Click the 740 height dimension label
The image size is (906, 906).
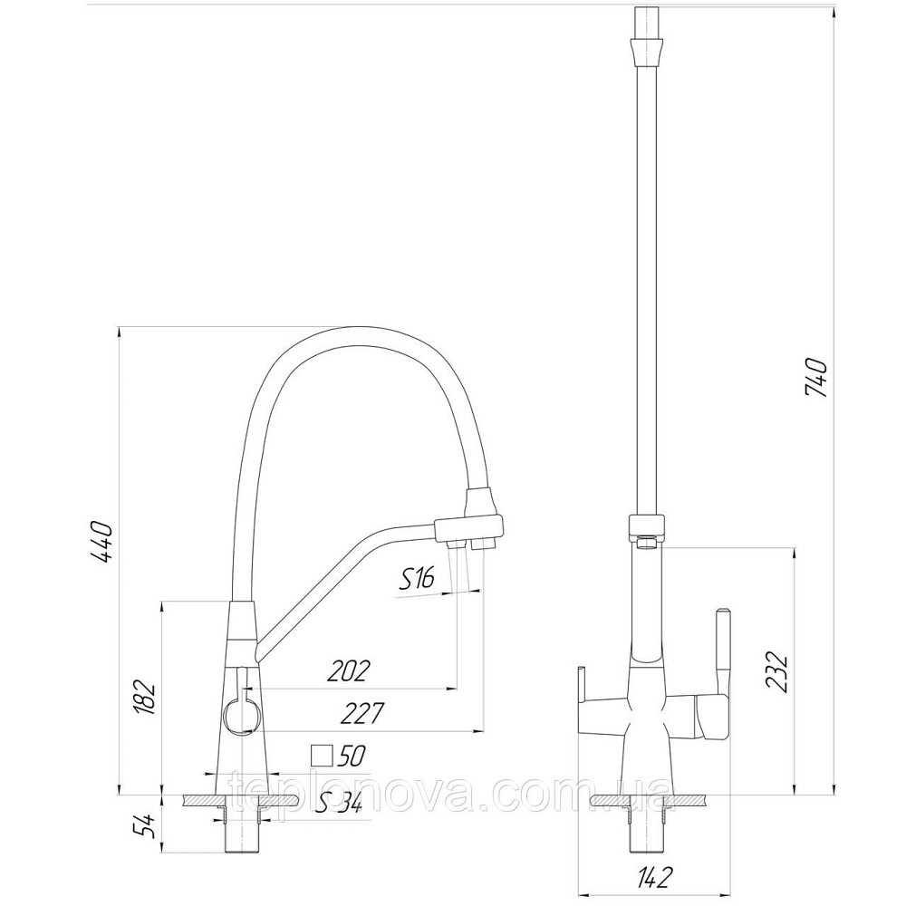click(815, 378)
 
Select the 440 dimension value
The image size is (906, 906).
click(101, 541)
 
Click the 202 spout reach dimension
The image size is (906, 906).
click(348, 671)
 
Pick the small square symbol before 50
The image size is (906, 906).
click(320, 754)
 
